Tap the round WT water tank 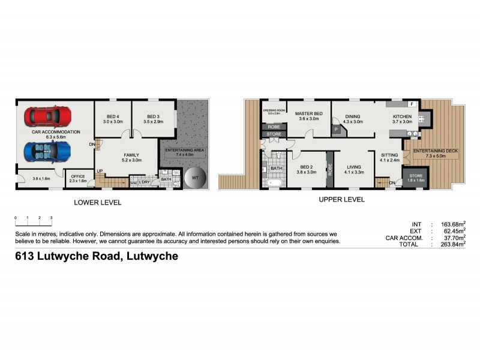[x=194, y=178]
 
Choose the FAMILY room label [x=131, y=155]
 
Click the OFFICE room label [x=78, y=176]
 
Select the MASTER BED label [x=311, y=114]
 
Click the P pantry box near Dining [x=336, y=130]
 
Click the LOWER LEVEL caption [x=97, y=203]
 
